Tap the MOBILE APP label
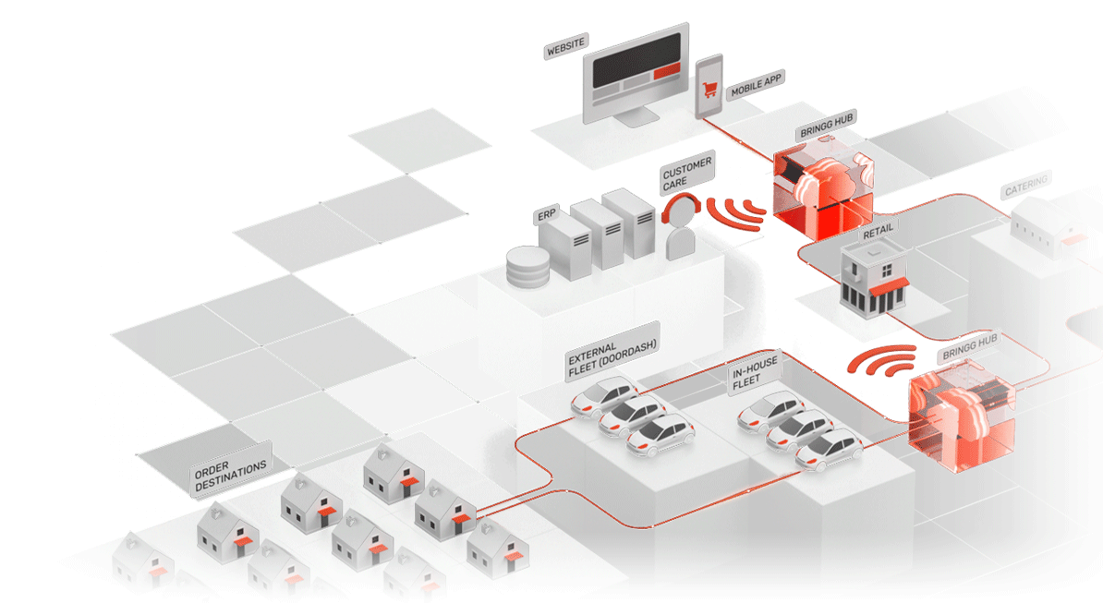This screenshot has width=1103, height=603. (757, 87)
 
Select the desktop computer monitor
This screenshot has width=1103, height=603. (638, 72)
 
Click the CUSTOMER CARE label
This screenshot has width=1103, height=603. (687, 174)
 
